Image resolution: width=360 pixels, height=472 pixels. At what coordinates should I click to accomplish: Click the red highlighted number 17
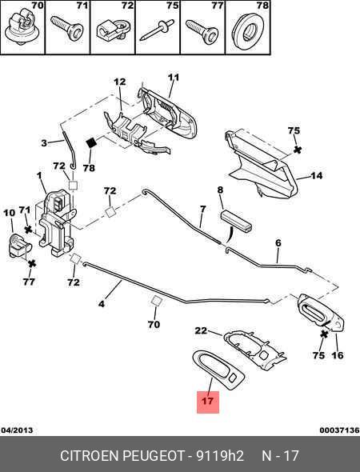tap(208, 402)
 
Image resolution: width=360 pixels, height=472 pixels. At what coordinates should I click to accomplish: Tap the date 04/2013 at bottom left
tap(17, 430)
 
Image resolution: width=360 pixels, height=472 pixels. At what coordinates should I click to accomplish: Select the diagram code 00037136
tap(339, 430)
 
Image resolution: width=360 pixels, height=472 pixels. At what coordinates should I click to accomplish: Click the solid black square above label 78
tap(91, 142)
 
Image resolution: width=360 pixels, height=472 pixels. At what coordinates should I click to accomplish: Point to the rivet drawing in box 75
tap(157, 30)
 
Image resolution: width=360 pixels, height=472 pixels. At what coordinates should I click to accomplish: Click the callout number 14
tap(316, 175)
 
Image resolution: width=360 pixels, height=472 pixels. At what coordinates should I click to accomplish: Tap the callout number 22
tap(201, 330)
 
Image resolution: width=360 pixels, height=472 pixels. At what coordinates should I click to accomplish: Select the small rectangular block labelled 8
tap(236, 222)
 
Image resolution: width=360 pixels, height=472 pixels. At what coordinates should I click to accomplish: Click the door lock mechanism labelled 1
tap(57, 222)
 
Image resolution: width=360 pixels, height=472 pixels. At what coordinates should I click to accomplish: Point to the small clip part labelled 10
tap(19, 246)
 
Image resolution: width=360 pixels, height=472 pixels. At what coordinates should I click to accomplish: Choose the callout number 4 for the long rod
tap(102, 304)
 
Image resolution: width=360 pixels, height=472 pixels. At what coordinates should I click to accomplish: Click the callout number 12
tap(120, 82)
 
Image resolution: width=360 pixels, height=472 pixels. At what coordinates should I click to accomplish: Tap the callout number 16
tap(338, 355)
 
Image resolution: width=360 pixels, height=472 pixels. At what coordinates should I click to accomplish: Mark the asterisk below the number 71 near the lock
tap(28, 230)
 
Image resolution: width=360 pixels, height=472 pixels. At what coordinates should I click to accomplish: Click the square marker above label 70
tap(156, 301)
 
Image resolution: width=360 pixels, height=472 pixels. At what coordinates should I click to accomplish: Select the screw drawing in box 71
tap(67, 28)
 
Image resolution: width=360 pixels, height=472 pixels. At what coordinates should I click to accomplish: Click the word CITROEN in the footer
tap(90, 456)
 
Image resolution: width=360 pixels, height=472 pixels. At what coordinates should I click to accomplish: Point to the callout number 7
tap(203, 209)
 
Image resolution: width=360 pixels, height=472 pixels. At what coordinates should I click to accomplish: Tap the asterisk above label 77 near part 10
tap(32, 264)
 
